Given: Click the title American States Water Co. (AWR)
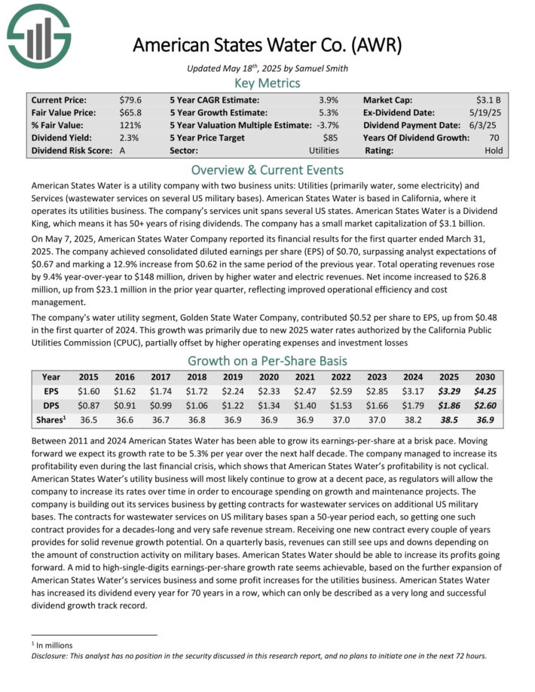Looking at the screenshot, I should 267,44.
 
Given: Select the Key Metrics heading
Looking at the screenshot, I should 267,83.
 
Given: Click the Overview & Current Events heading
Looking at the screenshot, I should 267,169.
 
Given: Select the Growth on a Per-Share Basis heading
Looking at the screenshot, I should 267,360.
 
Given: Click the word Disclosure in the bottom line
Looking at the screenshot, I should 53,655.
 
